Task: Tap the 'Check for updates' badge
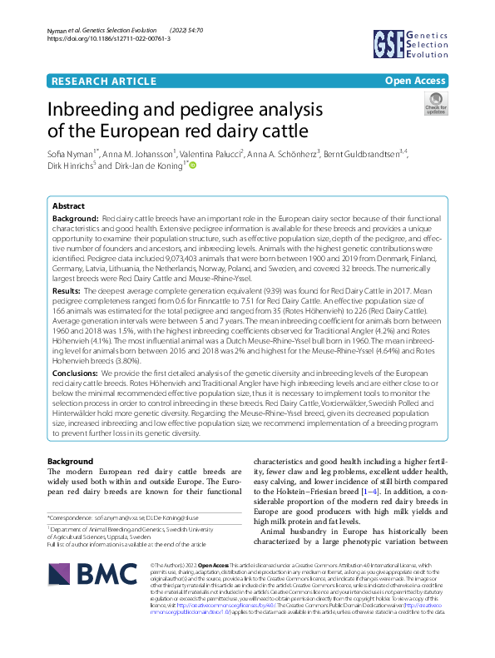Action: tap(435, 104)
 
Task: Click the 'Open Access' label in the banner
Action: tap(414, 81)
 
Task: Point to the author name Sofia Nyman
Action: tap(69, 154)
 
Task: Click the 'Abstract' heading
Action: tap(68, 205)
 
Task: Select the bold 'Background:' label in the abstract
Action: tap(75, 217)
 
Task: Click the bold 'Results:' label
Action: tap(67, 292)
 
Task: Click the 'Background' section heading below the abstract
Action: tap(70, 461)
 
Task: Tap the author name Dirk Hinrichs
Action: tap(71, 166)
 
